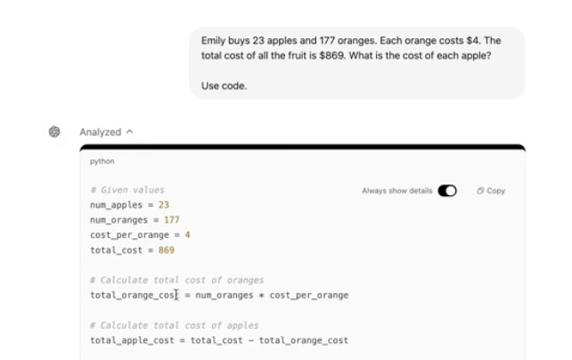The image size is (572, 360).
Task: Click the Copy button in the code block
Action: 491,191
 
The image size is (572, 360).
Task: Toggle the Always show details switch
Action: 447,191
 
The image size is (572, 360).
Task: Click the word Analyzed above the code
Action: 100,132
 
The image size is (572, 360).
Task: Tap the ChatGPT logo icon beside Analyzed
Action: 55,132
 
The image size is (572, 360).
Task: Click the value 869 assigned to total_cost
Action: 167,250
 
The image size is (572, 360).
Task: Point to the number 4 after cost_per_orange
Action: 188,235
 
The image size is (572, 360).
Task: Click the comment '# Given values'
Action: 127,190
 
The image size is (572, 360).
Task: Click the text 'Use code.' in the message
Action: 223,86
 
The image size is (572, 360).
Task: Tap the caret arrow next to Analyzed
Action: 129,132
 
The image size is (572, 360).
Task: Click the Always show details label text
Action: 397,191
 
